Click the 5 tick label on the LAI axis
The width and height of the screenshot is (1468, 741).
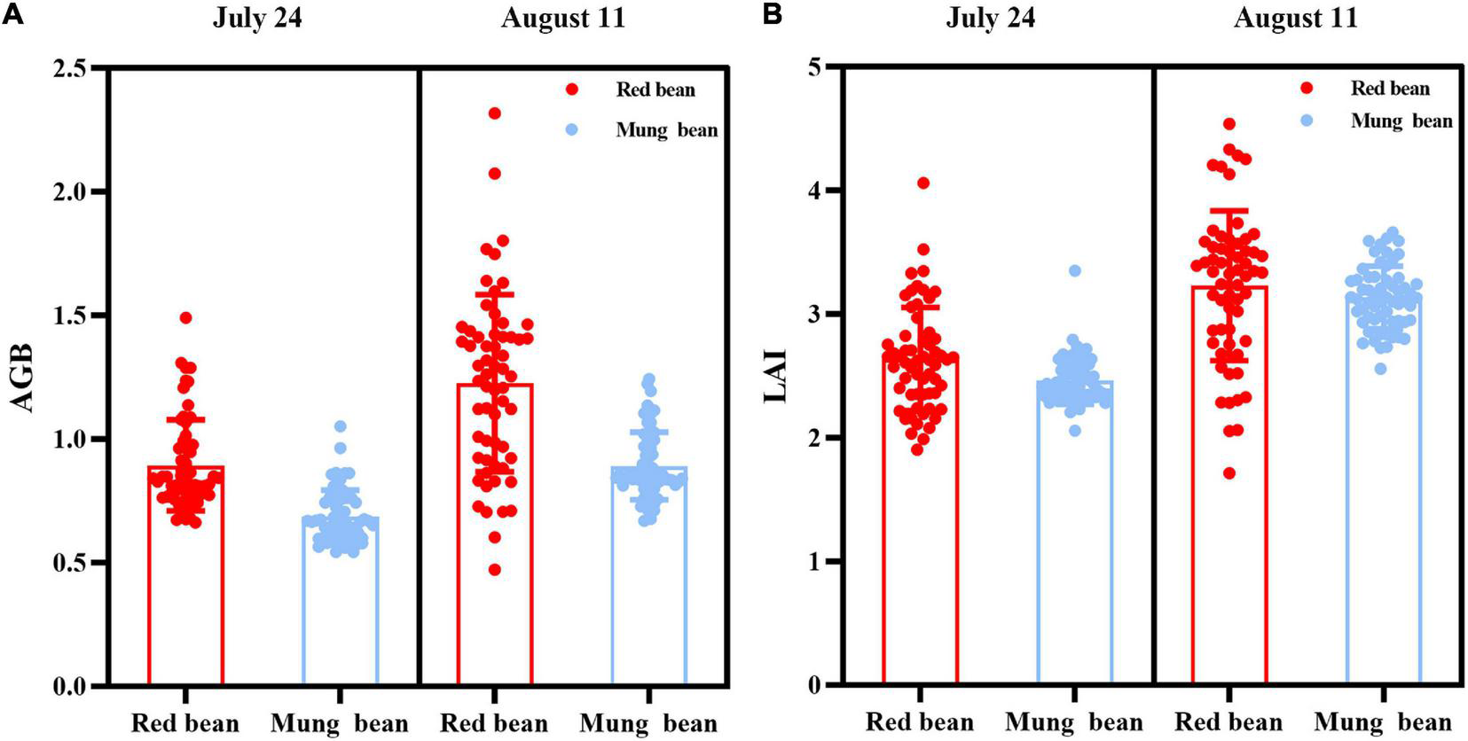tap(813, 67)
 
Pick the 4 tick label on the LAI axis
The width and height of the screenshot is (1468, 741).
tap(813, 191)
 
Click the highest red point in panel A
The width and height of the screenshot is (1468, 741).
tap(495, 113)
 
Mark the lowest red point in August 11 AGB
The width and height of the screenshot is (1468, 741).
tap(495, 570)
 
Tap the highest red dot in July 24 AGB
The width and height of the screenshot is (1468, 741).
tap(185, 317)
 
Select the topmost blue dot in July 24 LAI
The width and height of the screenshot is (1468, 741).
tap(1075, 270)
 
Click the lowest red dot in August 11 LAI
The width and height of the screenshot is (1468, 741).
tap(1229, 473)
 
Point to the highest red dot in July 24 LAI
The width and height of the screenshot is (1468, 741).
tap(922, 183)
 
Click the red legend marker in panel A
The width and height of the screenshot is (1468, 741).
tap(572, 90)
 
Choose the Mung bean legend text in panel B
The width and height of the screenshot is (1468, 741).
tap(1401, 121)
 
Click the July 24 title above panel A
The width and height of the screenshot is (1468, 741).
tap(257, 19)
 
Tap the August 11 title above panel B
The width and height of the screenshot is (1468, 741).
tap(1295, 19)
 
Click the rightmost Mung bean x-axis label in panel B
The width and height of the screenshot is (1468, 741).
tap(1382, 722)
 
